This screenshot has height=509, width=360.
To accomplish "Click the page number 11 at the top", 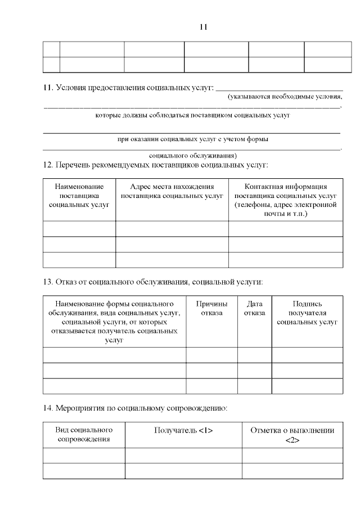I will [x=204, y=26].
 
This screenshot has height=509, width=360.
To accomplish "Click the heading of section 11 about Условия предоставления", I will [x=129, y=88].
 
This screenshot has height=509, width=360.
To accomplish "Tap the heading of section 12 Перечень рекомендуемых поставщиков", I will [x=156, y=165].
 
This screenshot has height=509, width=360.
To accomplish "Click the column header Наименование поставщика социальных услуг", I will [x=79, y=196].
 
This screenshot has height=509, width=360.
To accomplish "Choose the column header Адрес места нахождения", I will [x=172, y=191].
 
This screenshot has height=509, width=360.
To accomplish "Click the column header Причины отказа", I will [x=211, y=308].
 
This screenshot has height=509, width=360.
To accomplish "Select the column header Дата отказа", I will [x=254, y=308].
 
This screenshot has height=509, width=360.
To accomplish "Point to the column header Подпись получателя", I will [x=307, y=313].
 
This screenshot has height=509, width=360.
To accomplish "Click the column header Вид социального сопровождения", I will [x=84, y=434].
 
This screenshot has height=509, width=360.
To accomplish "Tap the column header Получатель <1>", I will [x=183, y=430].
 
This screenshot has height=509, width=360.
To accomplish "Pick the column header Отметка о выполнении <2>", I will [x=292, y=435].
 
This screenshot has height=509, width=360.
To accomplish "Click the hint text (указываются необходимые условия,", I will [x=285, y=97].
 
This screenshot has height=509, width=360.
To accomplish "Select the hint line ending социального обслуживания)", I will [x=193, y=155].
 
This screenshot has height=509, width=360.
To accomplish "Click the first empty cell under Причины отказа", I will [x=211, y=355].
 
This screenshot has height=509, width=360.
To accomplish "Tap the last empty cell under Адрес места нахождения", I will [x=172, y=260].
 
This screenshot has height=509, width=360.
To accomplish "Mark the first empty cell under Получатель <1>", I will [x=183, y=455].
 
